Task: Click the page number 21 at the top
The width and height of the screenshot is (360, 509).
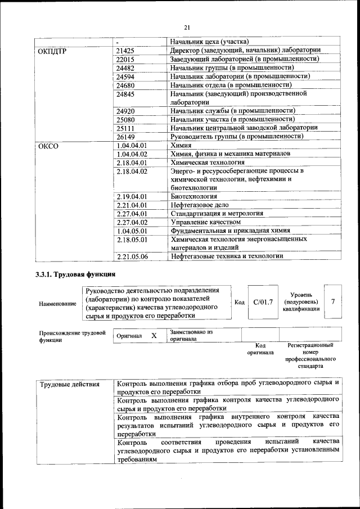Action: [187, 27]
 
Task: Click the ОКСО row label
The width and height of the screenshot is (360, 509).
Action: [48, 146]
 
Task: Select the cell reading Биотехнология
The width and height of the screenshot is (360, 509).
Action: [194, 196]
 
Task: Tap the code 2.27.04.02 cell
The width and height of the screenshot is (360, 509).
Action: [131, 222]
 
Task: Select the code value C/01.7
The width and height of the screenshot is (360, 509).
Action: [263, 303]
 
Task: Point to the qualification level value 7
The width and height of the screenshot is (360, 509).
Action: [333, 302]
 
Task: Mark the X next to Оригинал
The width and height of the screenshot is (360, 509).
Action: [154, 335]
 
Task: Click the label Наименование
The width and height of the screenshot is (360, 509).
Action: [58, 304]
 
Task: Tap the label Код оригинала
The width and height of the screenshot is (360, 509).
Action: [260, 349]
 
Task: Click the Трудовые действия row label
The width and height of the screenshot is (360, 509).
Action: [70, 385]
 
